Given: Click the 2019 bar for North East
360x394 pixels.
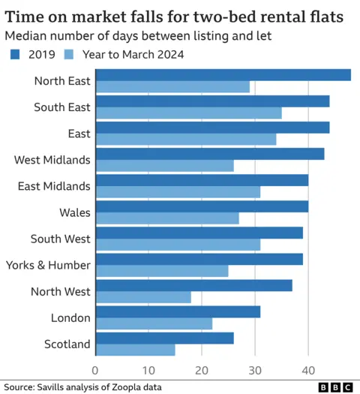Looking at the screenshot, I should pos(223,75).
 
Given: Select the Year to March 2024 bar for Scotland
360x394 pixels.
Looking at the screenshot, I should pos(136,350).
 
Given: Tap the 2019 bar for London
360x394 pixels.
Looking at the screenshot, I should pos(178,311).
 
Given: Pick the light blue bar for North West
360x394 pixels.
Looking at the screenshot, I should pos(144,297).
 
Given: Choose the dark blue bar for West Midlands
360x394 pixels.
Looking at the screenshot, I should pos(210,154).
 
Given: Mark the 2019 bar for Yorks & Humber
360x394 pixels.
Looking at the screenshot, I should pos(199,259).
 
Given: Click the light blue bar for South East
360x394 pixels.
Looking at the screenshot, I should pos(189,113).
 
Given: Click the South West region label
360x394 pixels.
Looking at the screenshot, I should pos(61,239).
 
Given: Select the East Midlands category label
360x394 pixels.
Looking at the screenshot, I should pos(54,186).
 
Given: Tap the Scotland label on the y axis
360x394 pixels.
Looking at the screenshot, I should pos(67,344).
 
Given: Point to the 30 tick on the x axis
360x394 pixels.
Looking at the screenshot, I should pos(255,370).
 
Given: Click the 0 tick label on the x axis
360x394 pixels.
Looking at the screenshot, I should pos(95,370).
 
